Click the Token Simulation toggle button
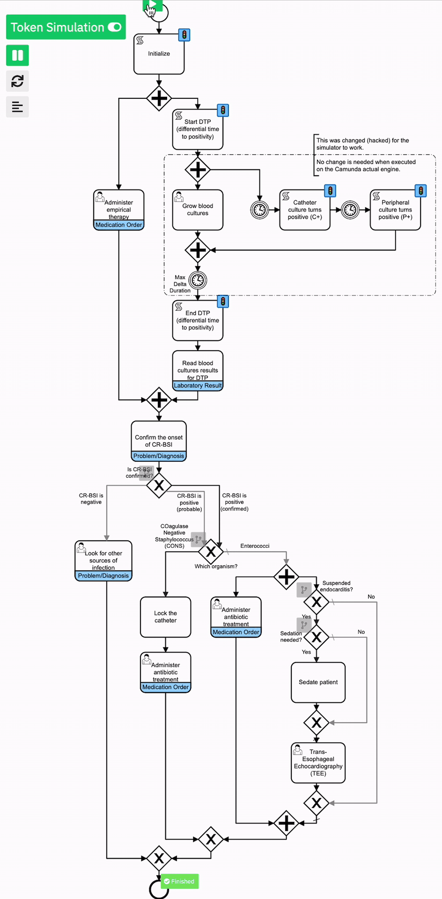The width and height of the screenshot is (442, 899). [66, 27]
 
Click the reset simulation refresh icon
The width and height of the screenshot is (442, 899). [17, 81]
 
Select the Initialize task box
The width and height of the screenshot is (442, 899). [159, 54]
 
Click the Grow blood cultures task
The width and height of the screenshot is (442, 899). [198, 210]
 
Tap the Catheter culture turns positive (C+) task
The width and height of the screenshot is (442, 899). [304, 210]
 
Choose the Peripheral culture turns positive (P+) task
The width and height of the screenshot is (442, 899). [395, 210]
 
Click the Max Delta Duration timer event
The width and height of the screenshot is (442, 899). [198, 280]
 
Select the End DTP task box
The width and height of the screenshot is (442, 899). [198, 320]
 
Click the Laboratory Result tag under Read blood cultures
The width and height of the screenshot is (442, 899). [198, 386]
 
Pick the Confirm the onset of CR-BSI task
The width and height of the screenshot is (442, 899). [159, 441]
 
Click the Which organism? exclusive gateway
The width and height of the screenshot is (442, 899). [211, 552]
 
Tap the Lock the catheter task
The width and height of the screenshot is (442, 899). [165, 617]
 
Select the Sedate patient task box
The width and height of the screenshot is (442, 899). [318, 682]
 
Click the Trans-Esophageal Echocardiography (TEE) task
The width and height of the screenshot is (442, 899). [318, 763]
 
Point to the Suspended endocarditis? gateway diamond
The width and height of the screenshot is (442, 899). [317, 602]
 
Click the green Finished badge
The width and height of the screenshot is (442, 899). [180, 881]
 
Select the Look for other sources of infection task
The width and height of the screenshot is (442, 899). [103, 560]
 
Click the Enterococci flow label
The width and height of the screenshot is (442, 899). [255, 546]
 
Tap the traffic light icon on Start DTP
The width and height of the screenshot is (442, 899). [223, 111]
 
